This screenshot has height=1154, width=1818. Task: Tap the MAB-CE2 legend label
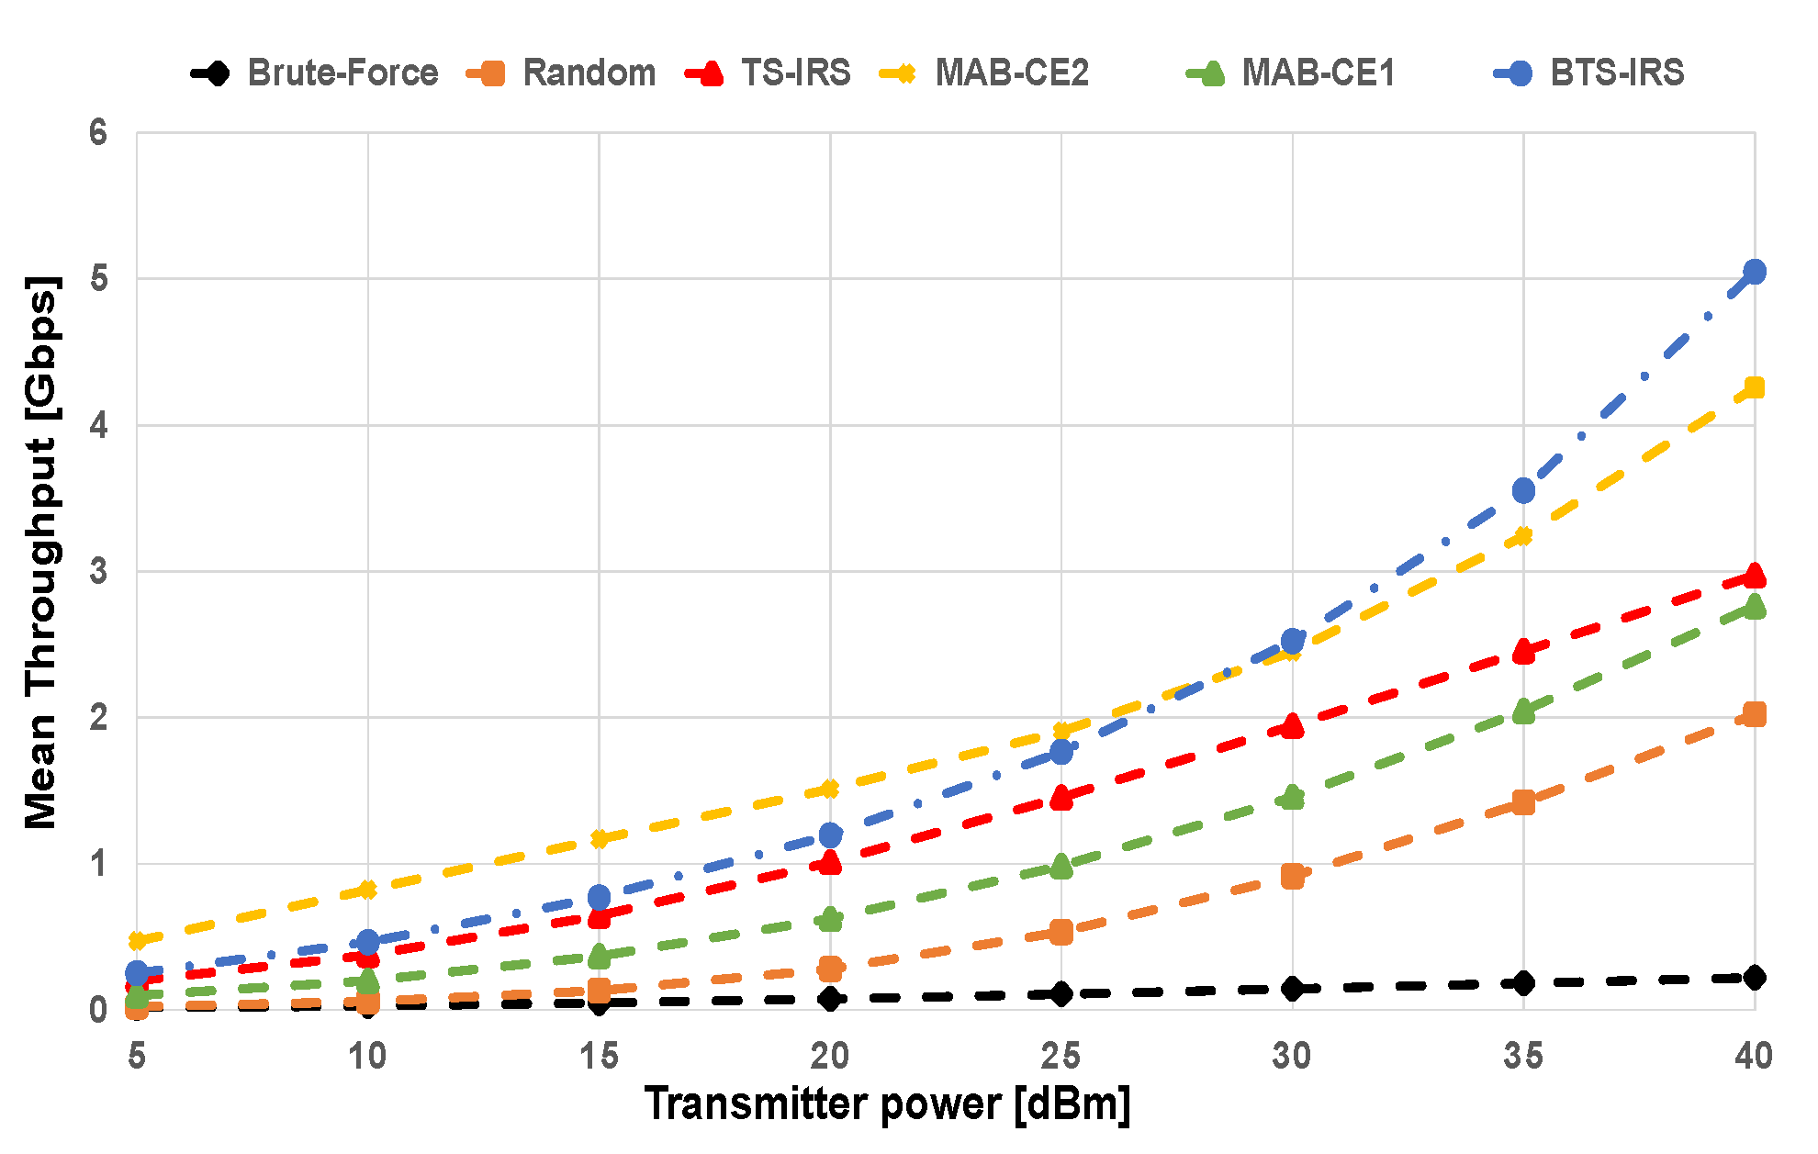point(1012,73)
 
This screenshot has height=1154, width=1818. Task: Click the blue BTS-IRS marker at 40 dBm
point(1754,272)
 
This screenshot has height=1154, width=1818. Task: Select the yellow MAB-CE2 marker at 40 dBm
point(1754,387)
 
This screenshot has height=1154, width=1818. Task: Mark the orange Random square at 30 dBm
point(1292,877)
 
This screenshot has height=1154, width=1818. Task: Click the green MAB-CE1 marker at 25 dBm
point(1061,866)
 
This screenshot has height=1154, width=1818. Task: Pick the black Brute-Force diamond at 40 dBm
point(1754,977)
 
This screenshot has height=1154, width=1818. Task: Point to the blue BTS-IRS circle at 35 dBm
point(1523,490)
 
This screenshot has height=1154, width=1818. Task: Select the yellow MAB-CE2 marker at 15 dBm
point(600,838)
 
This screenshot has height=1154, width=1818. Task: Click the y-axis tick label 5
point(98,278)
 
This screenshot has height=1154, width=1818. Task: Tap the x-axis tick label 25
point(1060,1057)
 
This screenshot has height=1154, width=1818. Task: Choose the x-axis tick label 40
point(1753,1057)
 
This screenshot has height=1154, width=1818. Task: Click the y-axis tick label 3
point(98,571)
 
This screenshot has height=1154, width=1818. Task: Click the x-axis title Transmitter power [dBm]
point(887,1104)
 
